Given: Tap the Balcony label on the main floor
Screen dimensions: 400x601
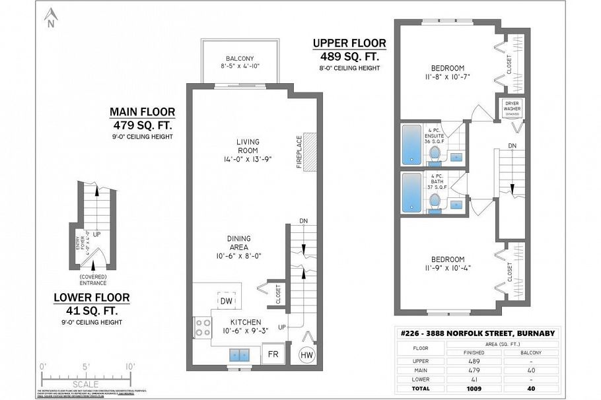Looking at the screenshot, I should pos(239,58).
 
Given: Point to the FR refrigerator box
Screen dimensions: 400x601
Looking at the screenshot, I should pos(273,354).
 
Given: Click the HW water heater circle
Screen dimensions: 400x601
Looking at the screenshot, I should pos(306,354).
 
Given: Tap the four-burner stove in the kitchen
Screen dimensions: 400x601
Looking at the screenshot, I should pos(202,327).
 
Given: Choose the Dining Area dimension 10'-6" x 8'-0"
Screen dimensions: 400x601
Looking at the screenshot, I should pos(239,255).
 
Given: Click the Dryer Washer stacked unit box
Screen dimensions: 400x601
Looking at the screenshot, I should pos(512,108).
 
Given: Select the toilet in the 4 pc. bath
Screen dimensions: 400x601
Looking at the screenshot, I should pos(435,199).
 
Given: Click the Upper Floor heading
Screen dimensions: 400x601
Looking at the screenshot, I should pos(349,44).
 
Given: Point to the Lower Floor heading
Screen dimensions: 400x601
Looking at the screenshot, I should pos(92,298).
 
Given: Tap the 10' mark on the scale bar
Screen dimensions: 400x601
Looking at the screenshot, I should pos(129,366).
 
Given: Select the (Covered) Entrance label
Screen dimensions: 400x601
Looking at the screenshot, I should pos(92,279).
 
